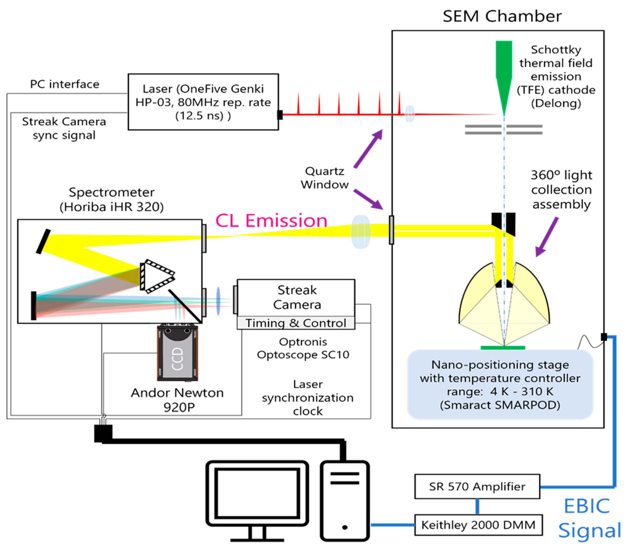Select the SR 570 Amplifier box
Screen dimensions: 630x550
point(477,487)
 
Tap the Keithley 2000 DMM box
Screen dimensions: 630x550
point(478,525)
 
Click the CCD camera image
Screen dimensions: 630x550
point(177,353)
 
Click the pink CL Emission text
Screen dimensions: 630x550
point(271,221)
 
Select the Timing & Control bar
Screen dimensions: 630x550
point(296,323)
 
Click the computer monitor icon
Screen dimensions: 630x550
point(257,501)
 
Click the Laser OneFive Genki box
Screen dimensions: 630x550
point(203,102)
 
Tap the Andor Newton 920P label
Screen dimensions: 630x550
point(177,400)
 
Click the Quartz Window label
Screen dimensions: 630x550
point(325,178)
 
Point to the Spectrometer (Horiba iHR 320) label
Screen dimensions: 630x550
point(112,200)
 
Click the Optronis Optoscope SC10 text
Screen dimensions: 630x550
point(303,348)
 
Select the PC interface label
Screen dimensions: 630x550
point(65,84)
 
